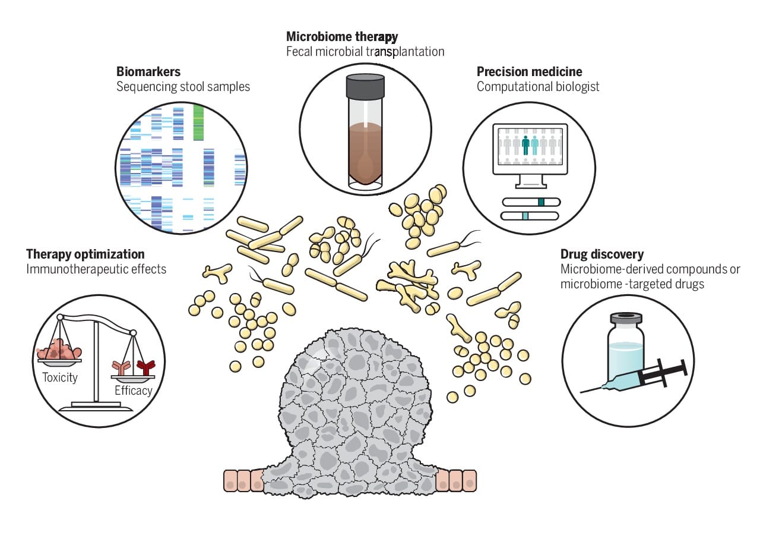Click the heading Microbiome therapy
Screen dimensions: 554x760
point(342,37)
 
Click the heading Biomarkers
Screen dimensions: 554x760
point(148,72)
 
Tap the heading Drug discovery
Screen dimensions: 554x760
point(602,254)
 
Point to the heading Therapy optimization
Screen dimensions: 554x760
point(85,254)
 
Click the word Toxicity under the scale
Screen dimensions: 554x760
point(60,377)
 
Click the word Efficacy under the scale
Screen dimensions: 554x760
point(134,391)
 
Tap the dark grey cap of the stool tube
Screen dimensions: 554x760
point(365,86)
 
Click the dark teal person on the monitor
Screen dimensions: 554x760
point(525,144)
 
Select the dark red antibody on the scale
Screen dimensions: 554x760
point(145,367)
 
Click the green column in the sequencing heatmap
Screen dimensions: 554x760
point(198,122)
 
